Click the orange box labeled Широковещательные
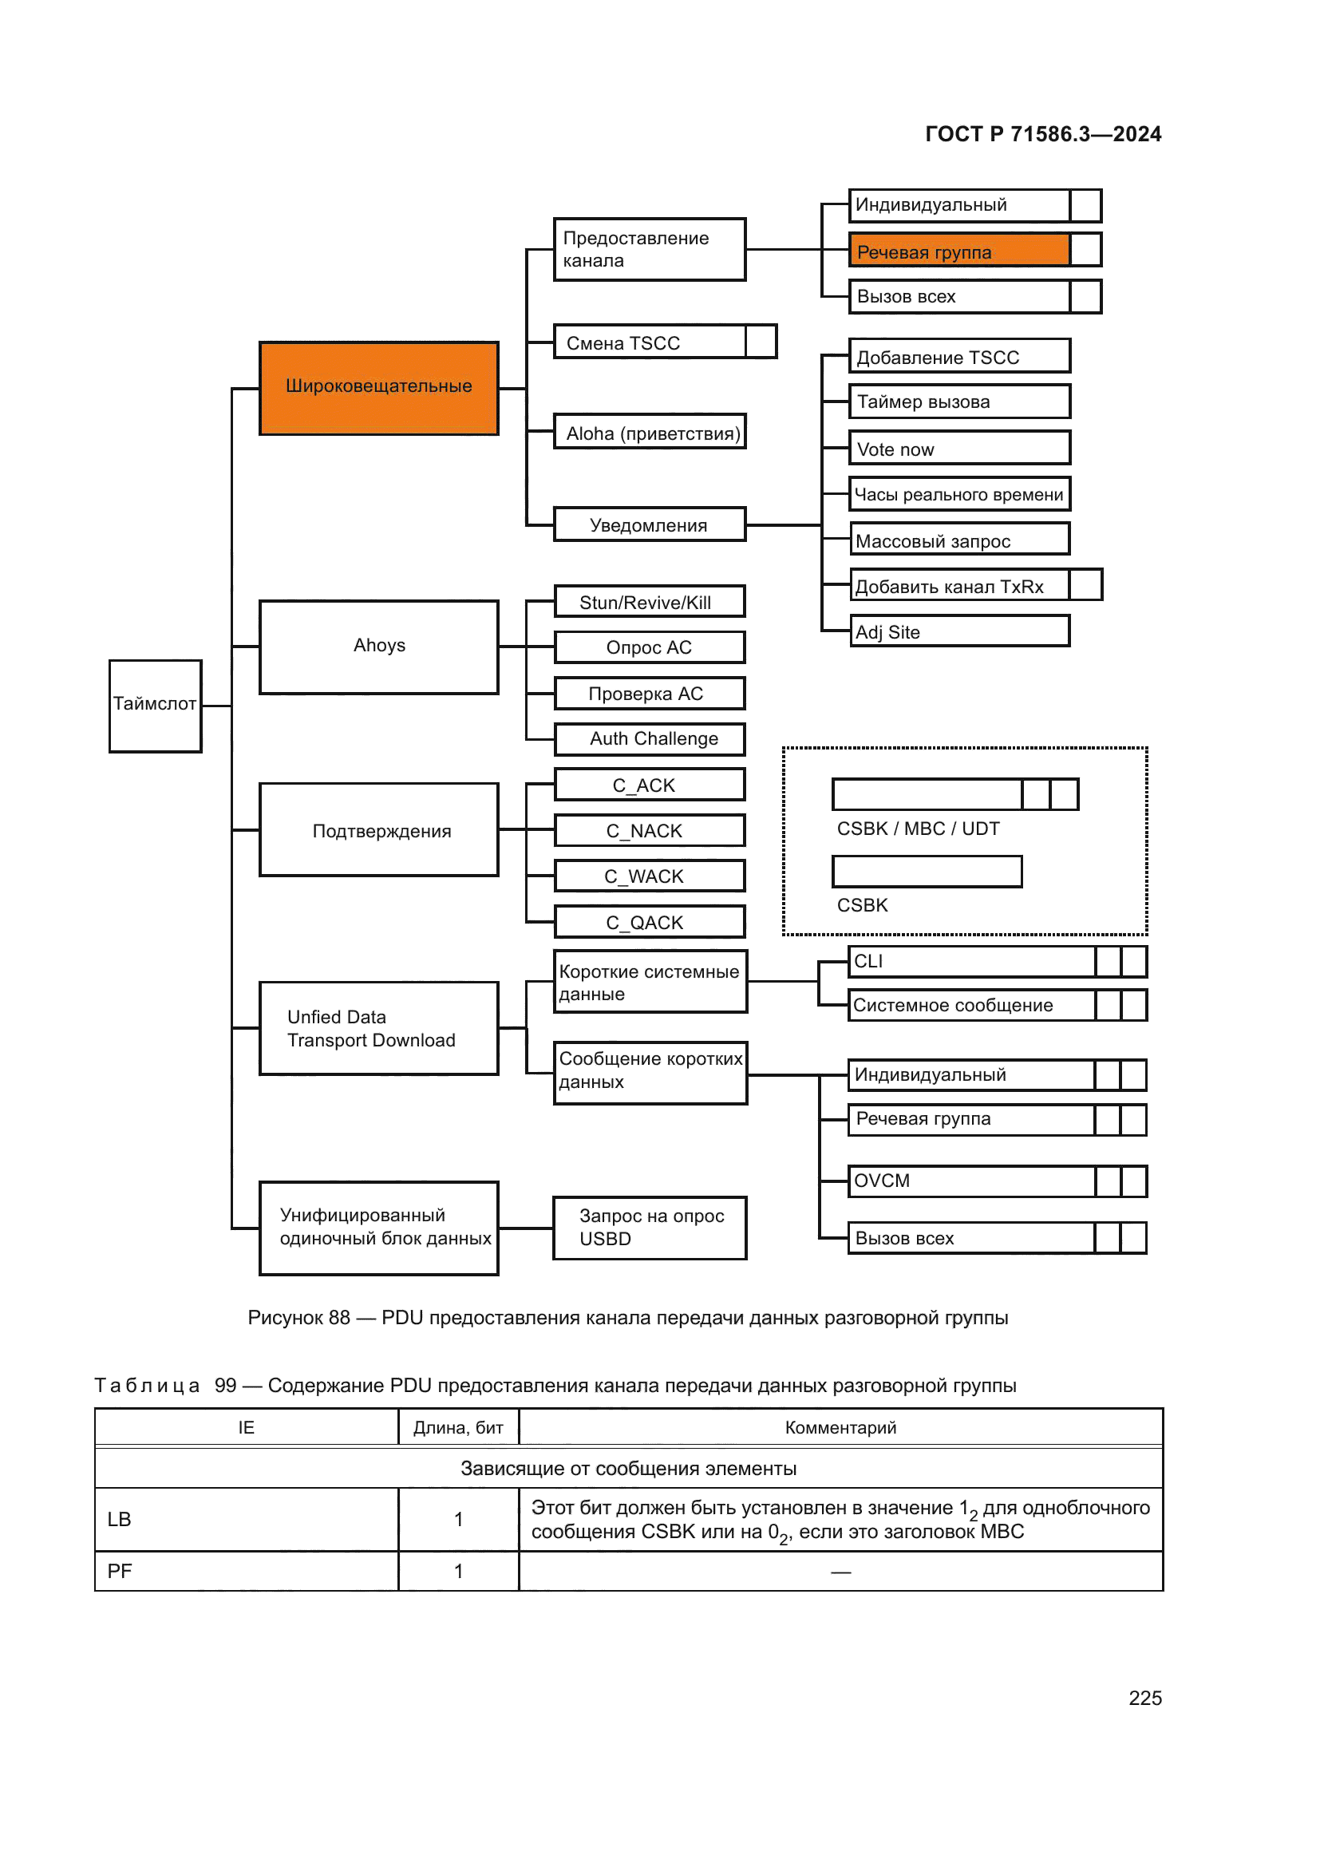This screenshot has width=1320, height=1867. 378,388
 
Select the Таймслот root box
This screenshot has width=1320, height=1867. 156,705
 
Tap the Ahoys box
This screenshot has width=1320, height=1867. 378,647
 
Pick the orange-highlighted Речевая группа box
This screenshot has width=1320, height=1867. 959,251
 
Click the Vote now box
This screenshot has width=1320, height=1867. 959,448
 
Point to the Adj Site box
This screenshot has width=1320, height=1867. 959,631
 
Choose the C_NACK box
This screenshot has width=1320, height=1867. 649,830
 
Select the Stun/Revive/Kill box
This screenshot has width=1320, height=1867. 649,602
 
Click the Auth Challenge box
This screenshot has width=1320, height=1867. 649,738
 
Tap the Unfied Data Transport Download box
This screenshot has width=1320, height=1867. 378,1028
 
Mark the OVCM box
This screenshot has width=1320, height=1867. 971,1181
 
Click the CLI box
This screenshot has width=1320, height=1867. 971,961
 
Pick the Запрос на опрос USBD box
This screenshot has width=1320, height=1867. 649,1227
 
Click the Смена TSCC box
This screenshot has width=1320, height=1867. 649,342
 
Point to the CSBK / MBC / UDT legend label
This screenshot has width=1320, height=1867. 918,829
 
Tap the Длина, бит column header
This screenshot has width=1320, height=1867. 457,1427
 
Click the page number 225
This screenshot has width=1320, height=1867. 1144,1698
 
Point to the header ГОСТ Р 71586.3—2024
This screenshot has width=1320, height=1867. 1043,134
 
